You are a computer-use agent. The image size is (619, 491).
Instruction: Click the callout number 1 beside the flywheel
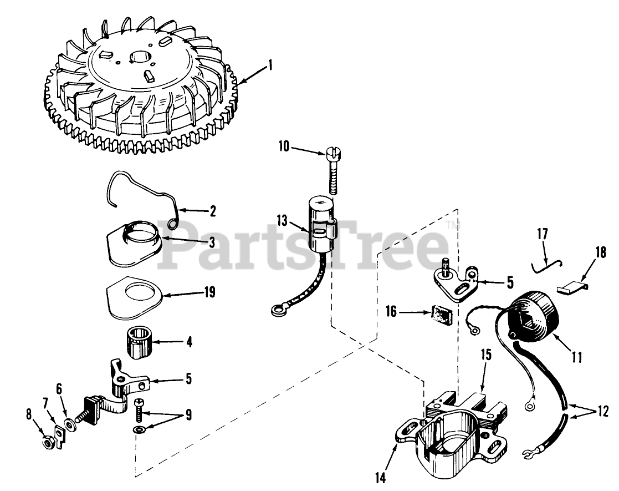(x=270, y=67)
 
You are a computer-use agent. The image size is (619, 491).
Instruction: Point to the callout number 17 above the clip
(x=542, y=235)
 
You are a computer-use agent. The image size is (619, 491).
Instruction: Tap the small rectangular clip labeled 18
(x=570, y=287)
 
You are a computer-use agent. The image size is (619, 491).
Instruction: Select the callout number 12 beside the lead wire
(x=602, y=412)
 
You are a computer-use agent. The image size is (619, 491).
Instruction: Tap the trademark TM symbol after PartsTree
(x=452, y=226)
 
